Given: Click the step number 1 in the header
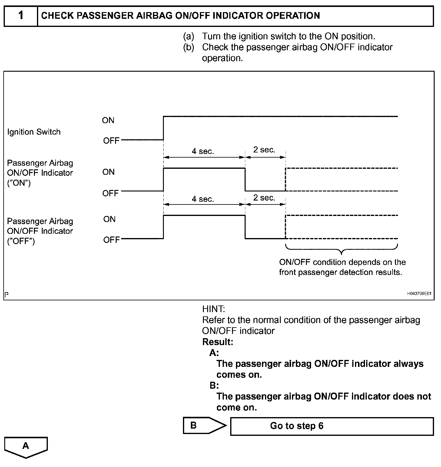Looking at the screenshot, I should [x=21, y=15].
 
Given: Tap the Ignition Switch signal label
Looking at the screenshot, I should [x=34, y=132].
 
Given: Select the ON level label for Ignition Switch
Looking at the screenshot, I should [x=108, y=120].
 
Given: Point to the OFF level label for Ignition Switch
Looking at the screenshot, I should [x=111, y=141].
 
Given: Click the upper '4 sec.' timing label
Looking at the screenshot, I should [x=203, y=151].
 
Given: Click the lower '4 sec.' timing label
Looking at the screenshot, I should [x=203, y=199].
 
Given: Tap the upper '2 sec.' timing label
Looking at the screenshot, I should [x=264, y=150].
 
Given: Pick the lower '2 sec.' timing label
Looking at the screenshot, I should [x=264, y=198].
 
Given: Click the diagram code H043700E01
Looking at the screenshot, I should [x=419, y=293].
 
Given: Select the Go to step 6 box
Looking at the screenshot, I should [x=332, y=426].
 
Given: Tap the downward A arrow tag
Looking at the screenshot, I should [x=26, y=447].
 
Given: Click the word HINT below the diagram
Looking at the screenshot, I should [x=214, y=309].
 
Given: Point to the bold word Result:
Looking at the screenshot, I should [x=217, y=342].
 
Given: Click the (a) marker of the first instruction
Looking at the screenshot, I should [x=188, y=37].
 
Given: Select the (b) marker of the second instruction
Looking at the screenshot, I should [x=188, y=47].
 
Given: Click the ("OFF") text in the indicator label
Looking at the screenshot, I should [x=21, y=241].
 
